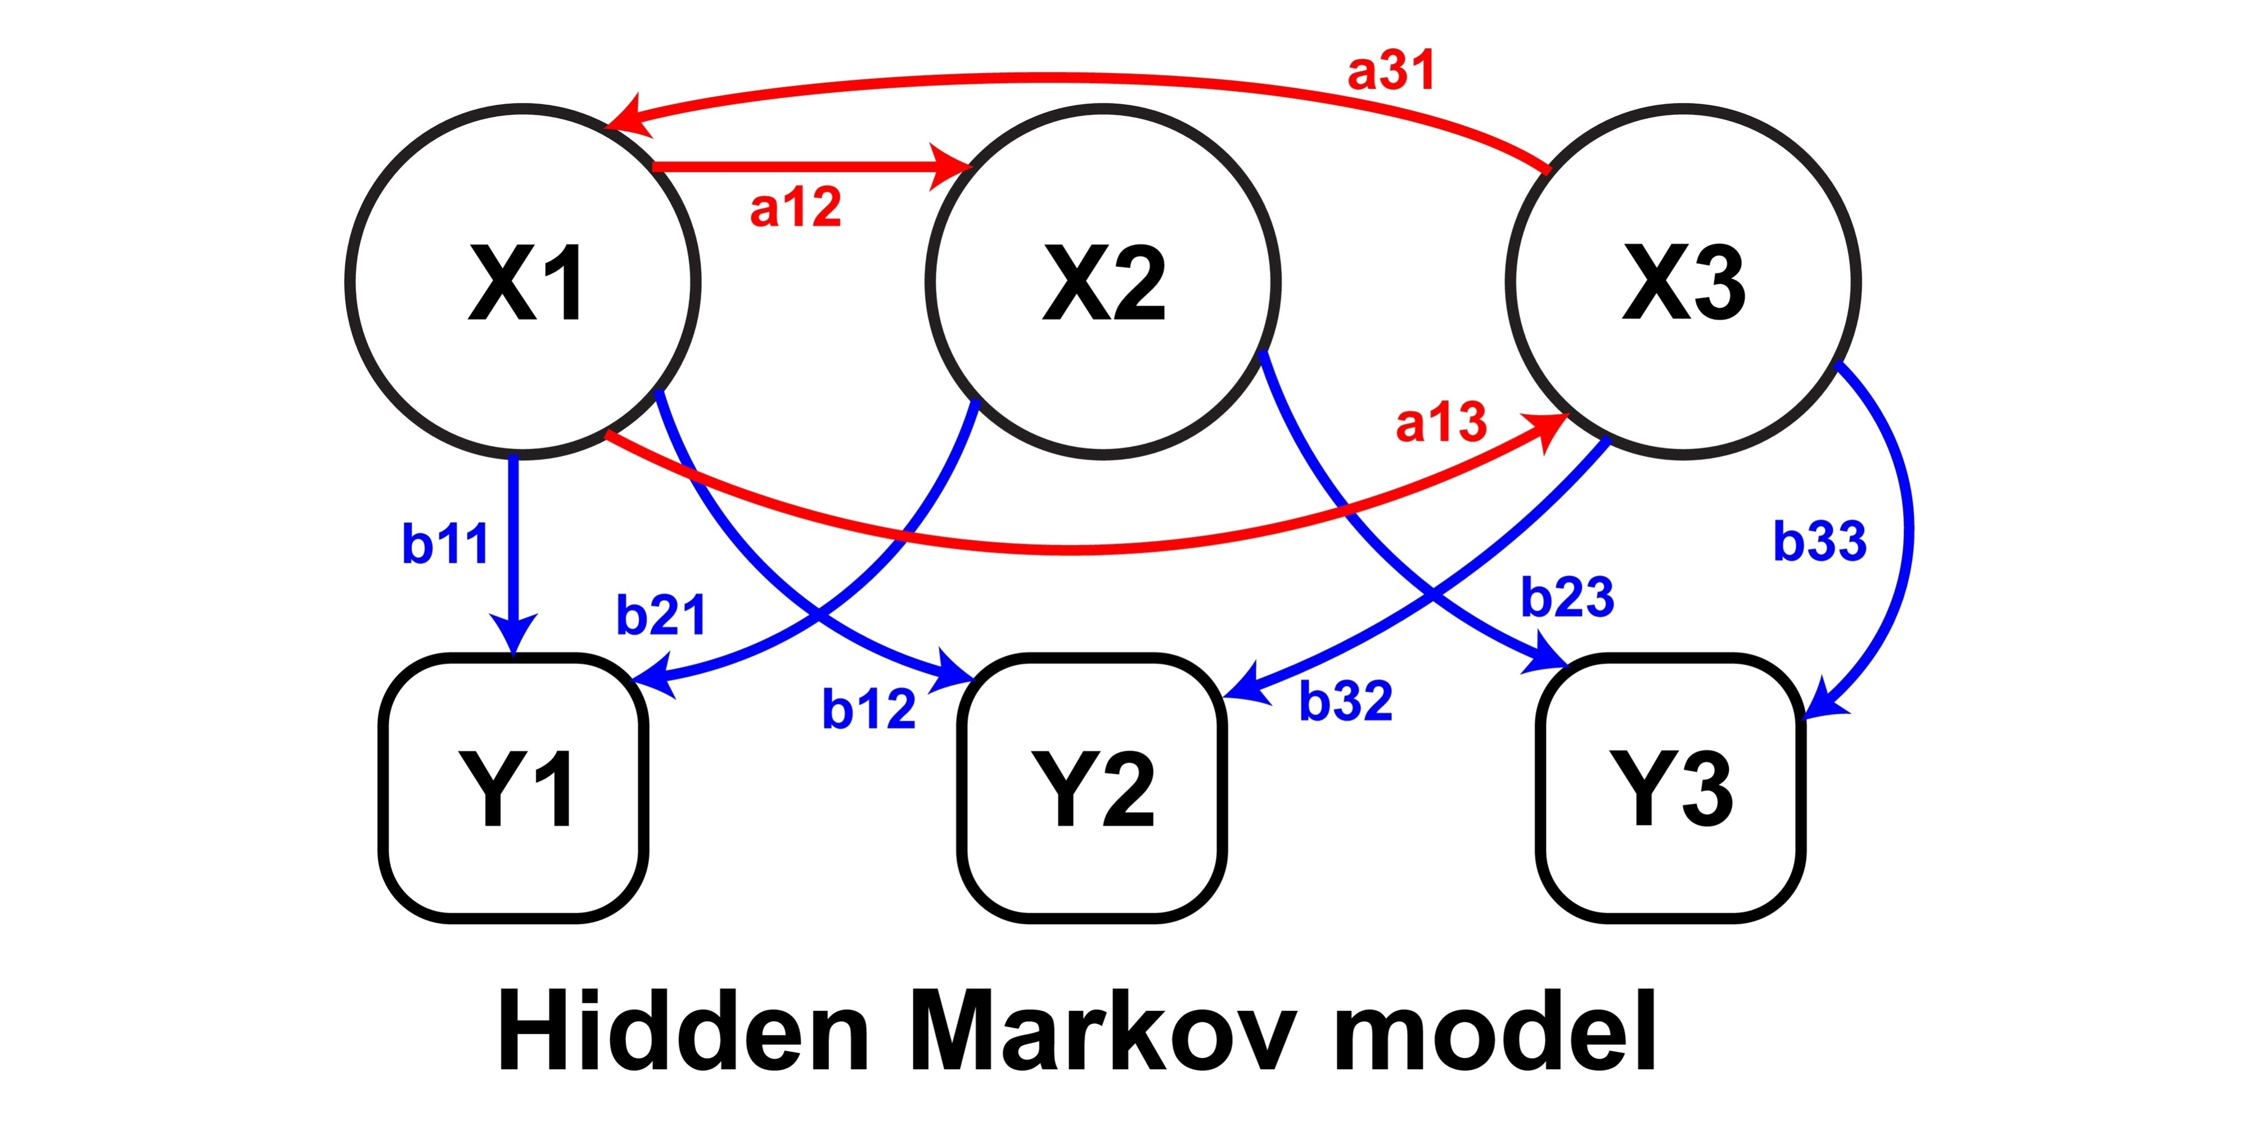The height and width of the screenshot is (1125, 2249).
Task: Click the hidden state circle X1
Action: pyautogui.click(x=524, y=281)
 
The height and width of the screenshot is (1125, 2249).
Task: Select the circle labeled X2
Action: pyautogui.click(x=1103, y=281)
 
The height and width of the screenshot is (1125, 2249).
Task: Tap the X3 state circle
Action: pyautogui.click(x=1683, y=281)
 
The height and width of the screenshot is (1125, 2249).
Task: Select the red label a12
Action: pyautogui.click(x=795, y=208)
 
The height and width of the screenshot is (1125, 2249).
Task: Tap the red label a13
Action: pyautogui.click(x=1441, y=423)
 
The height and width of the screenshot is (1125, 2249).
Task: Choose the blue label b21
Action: pyautogui.click(x=661, y=615)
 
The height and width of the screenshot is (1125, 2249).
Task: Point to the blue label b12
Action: pyautogui.click(x=869, y=709)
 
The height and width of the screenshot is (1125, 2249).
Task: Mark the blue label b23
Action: pyautogui.click(x=1567, y=598)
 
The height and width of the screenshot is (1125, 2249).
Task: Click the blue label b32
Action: pyautogui.click(x=1345, y=701)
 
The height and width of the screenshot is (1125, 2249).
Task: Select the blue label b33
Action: pyautogui.click(x=1820, y=541)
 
